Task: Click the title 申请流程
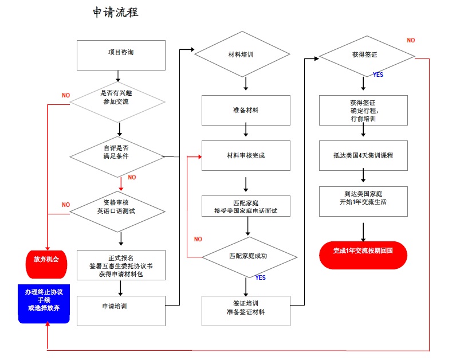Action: coord(115,13)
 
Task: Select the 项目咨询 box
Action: coord(121,56)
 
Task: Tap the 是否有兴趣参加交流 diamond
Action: coord(117,102)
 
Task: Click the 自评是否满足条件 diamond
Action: coord(117,156)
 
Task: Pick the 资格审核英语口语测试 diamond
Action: coord(117,212)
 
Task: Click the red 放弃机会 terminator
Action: coord(46,264)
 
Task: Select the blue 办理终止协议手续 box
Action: coord(44,304)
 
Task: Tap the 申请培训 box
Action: coord(121,311)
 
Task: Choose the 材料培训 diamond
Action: coord(242,54)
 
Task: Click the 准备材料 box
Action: coord(246,110)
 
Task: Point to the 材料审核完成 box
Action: coord(246,155)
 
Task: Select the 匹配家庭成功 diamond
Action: coord(249,257)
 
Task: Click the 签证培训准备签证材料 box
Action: coord(246,311)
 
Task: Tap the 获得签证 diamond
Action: coord(367,56)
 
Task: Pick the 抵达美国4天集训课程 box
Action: coord(363,155)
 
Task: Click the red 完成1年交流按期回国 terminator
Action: coord(363,255)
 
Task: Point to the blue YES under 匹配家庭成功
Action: coord(261,277)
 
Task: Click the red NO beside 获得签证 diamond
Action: coord(411,40)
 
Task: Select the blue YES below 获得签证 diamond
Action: coord(378,75)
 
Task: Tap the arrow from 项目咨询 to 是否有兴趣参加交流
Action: coord(118,76)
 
